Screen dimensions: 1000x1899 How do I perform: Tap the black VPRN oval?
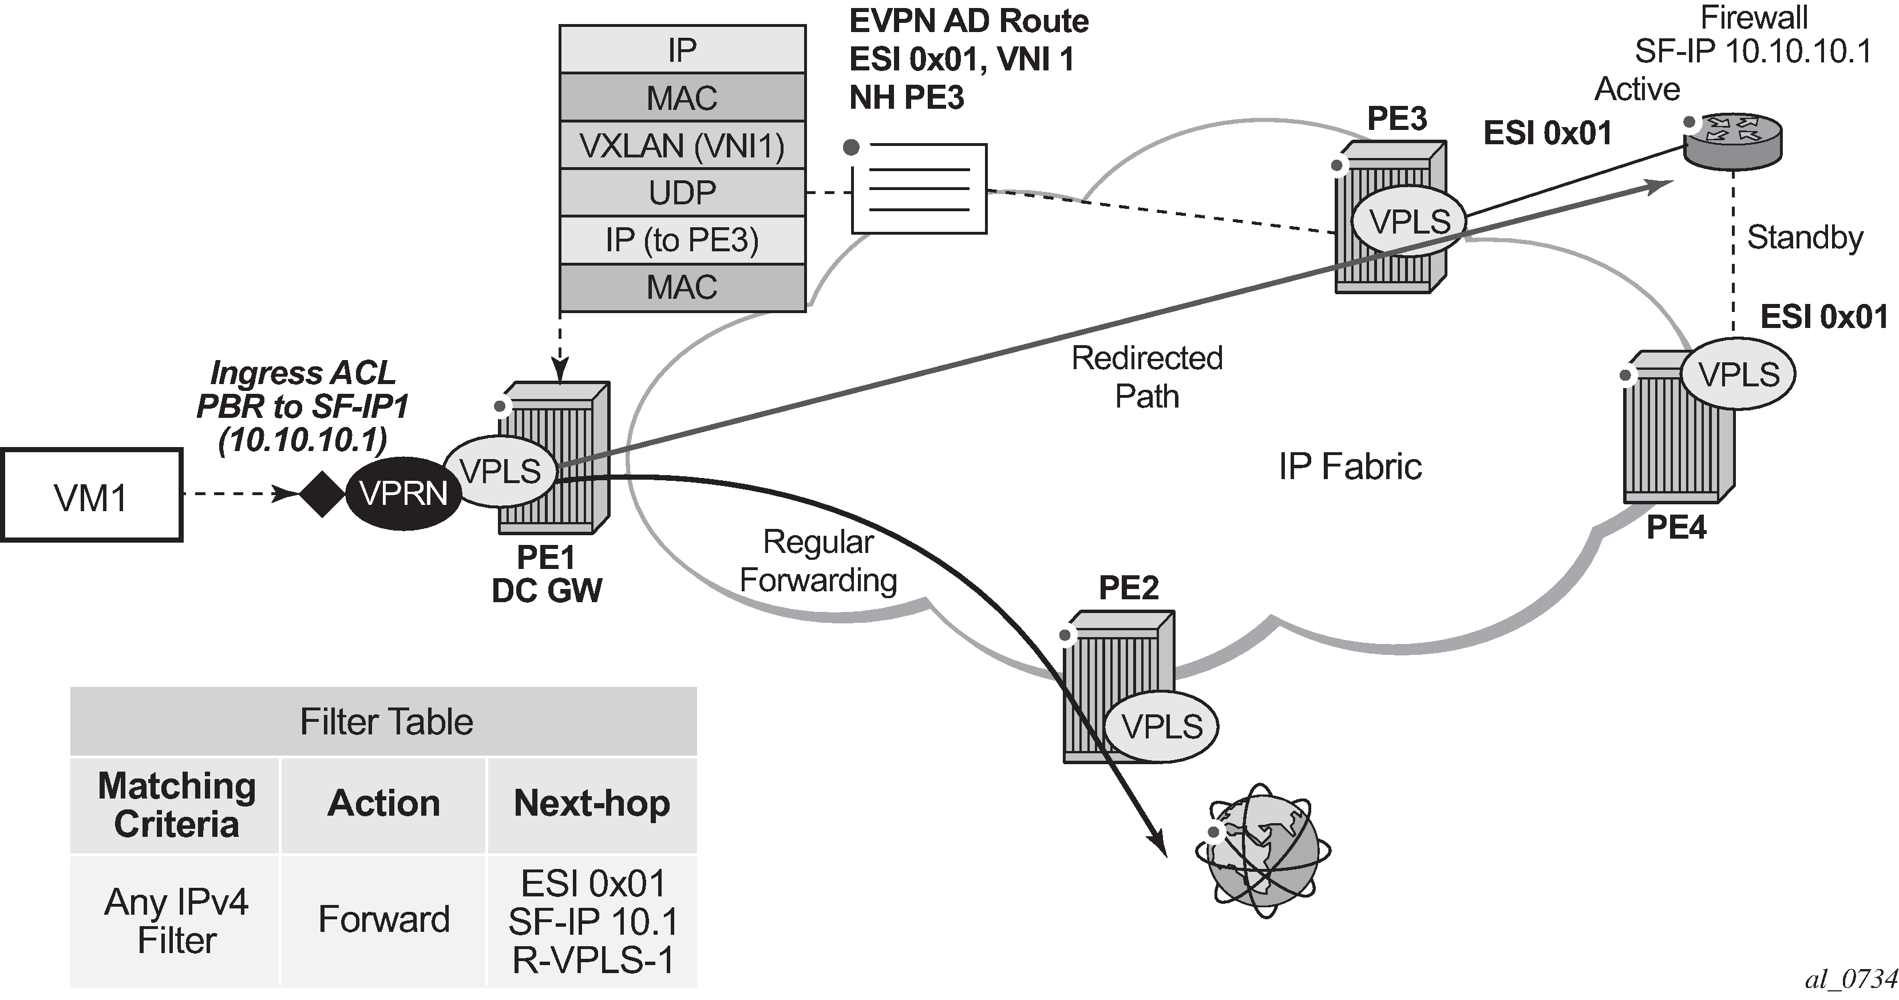pos(403,493)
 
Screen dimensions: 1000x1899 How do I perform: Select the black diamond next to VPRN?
pos(322,493)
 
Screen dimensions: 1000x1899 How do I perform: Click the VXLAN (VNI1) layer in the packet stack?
pos(682,145)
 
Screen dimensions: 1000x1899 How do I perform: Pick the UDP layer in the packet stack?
pos(682,192)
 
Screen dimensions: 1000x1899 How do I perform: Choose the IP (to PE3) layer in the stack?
pos(682,240)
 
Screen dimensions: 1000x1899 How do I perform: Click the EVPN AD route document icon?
pos(919,189)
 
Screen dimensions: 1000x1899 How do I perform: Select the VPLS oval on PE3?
pos(1409,222)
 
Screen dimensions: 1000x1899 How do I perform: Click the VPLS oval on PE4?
pos(1738,374)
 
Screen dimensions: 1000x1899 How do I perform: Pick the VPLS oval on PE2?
pos(1162,726)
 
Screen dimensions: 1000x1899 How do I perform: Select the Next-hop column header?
pos(592,803)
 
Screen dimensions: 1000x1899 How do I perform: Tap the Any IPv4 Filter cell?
pos(176,920)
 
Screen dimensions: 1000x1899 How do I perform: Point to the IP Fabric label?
pos(1349,466)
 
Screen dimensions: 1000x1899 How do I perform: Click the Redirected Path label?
pos(1146,377)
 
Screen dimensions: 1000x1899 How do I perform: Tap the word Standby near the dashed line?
pos(1804,238)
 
